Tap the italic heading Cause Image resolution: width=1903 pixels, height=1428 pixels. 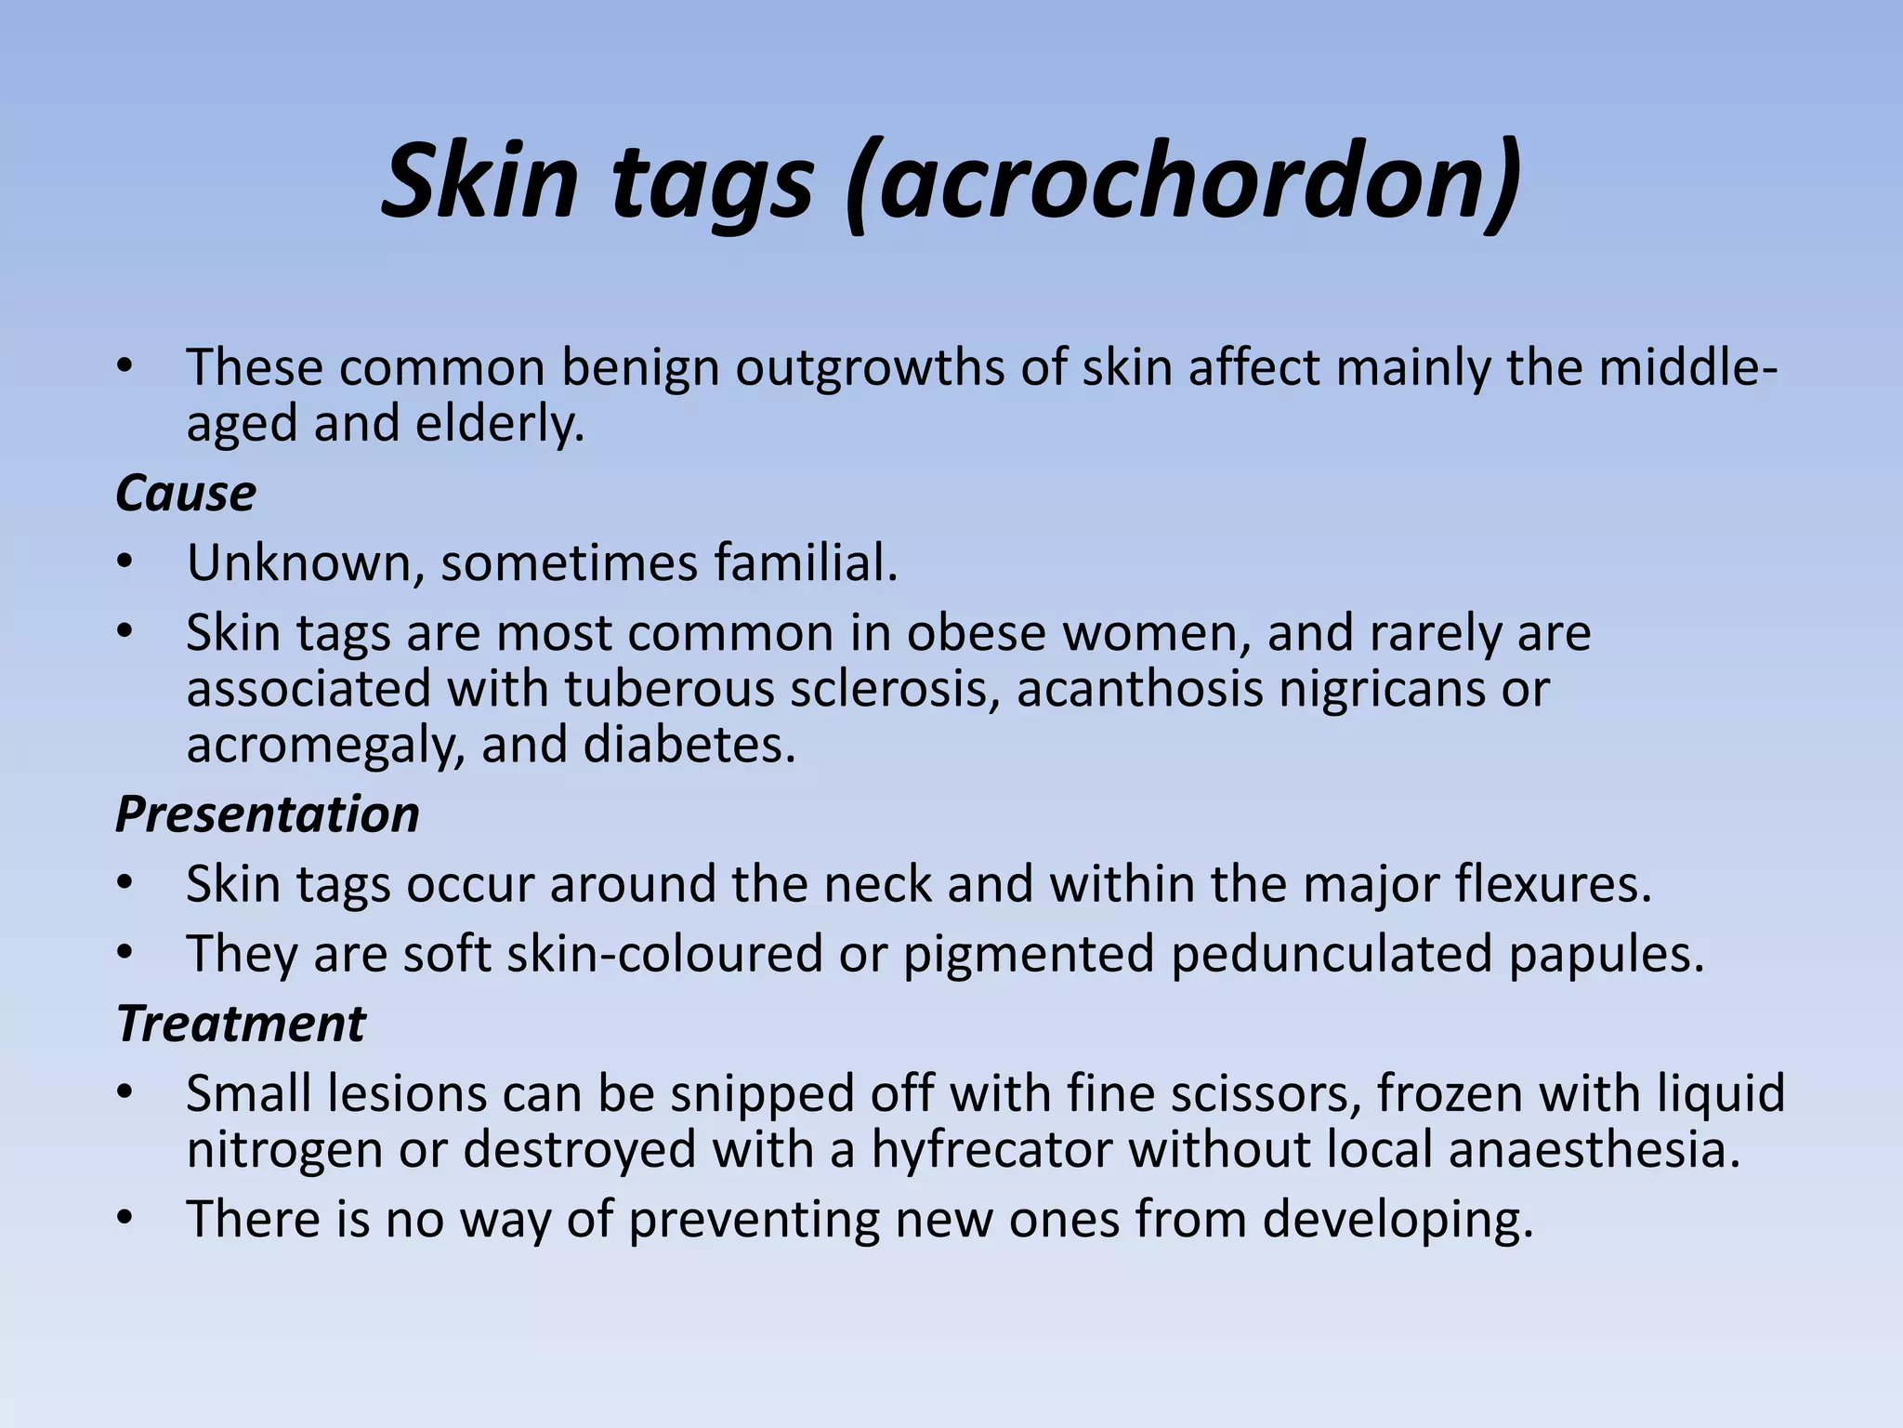pos(186,494)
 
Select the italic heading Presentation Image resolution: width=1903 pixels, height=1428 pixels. pos(268,814)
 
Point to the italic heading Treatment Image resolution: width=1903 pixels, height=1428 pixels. pos(242,1024)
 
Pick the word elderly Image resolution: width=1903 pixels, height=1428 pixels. pos(500,425)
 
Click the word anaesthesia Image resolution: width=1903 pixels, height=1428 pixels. pos(1595,1150)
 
